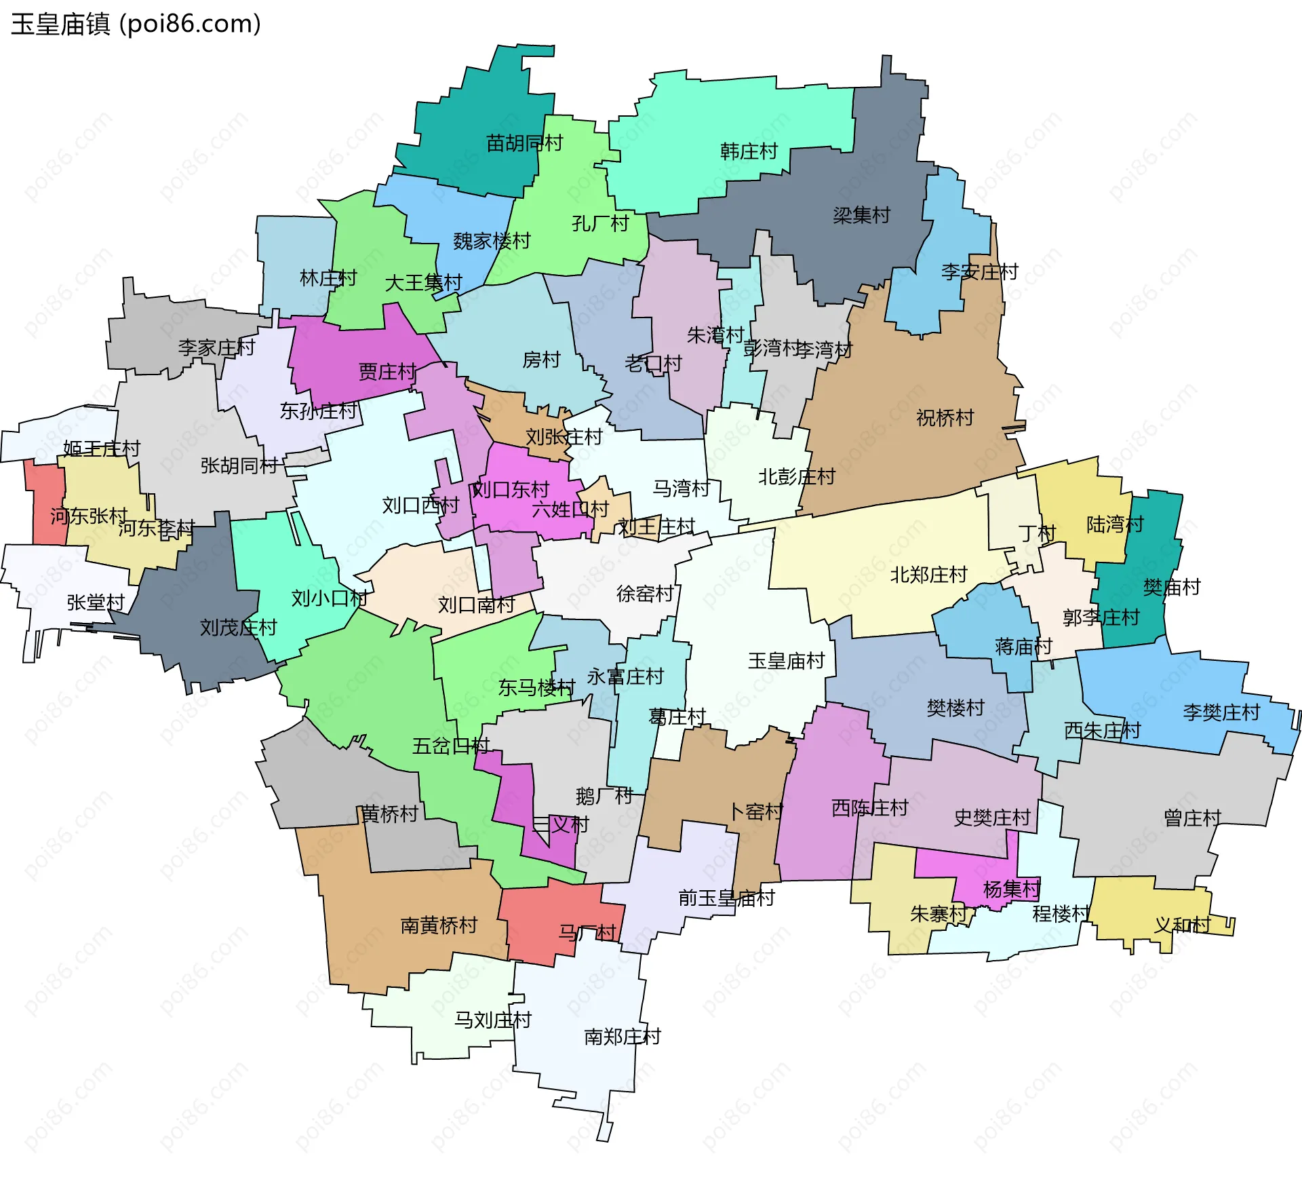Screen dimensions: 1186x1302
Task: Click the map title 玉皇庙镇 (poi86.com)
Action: tap(136, 24)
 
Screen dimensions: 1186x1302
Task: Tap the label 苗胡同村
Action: tap(524, 143)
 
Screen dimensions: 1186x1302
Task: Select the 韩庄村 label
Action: tap(749, 151)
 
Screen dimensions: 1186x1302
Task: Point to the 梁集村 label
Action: tap(861, 216)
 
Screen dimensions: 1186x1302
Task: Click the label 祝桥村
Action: tap(945, 418)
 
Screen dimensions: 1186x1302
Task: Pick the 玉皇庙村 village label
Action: tap(786, 661)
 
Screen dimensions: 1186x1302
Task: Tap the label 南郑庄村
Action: tap(622, 1037)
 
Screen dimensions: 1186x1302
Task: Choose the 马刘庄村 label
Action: tap(492, 1020)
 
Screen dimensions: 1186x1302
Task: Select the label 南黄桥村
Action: tap(439, 925)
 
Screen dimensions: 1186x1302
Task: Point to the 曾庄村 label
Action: tap(1192, 818)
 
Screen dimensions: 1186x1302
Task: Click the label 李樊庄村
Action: tap(1221, 712)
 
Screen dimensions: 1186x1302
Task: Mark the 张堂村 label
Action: tap(96, 602)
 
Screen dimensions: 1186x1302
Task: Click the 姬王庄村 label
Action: tap(101, 448)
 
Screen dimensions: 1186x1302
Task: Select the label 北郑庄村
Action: tap(928, 575)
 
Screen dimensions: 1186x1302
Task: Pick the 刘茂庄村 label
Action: tap(238, 628)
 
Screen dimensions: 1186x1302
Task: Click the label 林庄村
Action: tap(328, 278)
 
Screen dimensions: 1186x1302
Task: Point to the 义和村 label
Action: tap(1182, 925)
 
